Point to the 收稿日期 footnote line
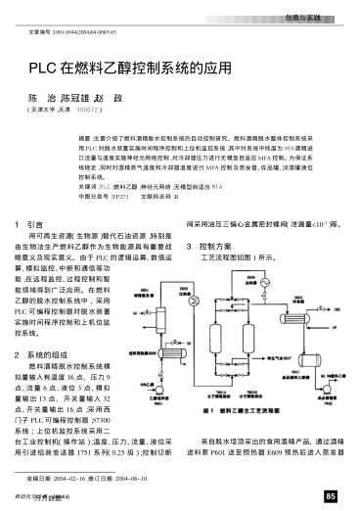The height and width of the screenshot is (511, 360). tap(73, 479)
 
